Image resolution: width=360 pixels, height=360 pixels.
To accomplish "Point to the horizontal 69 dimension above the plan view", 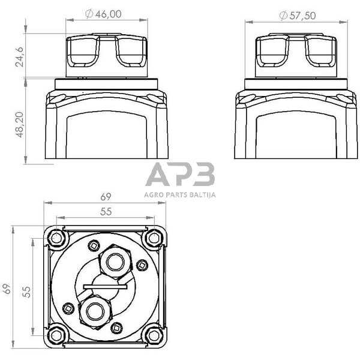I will pos(105,197).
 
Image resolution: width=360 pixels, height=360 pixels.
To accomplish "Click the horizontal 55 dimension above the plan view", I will pos(105,212).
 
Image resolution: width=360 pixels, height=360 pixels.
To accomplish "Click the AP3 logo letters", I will pos(180,175).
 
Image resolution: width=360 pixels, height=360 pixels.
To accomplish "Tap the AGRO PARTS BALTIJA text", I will pos(180,194).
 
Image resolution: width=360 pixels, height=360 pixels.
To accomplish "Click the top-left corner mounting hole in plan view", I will pos(56,238).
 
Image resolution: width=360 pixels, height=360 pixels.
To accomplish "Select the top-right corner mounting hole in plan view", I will pos(154,238).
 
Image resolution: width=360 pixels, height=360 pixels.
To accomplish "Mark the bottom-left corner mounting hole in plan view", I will pos(56,335).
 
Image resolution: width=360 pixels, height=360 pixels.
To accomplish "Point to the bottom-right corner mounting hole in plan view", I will pos(154,335).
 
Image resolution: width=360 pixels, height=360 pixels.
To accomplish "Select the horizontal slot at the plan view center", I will pos(105,286).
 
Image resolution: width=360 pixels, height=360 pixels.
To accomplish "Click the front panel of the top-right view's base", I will pos(296,135).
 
